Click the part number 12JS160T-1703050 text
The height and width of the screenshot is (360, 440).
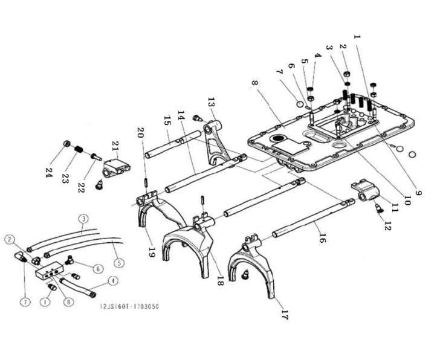coord(129,306)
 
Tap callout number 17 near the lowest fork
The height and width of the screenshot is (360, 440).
coord(284,315)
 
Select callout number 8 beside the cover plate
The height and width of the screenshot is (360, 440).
coord(255,83)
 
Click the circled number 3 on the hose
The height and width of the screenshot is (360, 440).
coord(83,219)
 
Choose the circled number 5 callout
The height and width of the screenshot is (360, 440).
coord(119,263)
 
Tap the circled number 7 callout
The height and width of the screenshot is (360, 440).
coord(25,302)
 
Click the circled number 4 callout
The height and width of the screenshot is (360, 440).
coord(113,281)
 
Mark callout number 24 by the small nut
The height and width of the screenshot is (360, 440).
coord(48,171)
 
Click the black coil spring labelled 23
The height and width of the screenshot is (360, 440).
coord(79,149)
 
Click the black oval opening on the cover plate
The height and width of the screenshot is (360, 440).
coord(278,138)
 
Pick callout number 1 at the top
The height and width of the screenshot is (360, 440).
coord(357,36)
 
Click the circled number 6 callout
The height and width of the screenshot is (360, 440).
coord(98,269)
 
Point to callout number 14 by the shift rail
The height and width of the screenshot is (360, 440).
coord(181,115)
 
